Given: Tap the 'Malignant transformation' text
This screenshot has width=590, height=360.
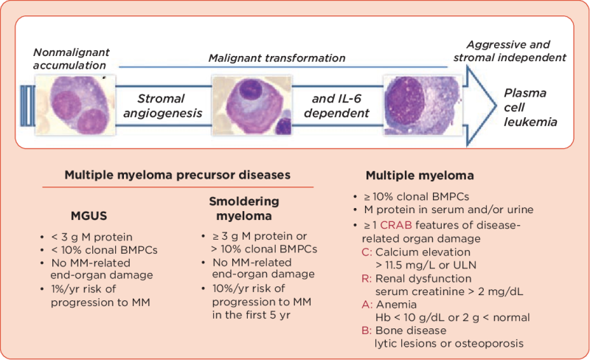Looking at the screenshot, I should pyautogui.click(x=277, y=58).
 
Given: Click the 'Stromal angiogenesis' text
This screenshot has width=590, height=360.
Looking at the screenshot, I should pyautogui.click(x=162, y=105).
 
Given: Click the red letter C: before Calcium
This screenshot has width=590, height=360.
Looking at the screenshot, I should pyautogui.click(x=367, y=251).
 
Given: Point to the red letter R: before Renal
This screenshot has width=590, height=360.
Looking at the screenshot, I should pyautogui.click(x=367, y=278).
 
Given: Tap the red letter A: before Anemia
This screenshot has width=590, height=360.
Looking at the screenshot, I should pyautogui.click(x=367, y=305).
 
